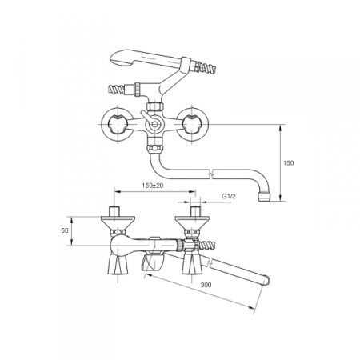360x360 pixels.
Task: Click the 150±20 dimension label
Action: [153, 186]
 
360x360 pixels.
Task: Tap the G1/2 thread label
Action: [229, 197]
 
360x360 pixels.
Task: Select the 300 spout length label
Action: [206, 285]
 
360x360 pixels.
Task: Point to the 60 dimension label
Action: [65, 230]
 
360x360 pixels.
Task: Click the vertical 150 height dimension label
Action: [289, 162]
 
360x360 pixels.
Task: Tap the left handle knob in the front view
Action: [117, 124]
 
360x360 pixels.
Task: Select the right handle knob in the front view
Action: [191, 124]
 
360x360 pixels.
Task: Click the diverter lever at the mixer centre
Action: [148, 118]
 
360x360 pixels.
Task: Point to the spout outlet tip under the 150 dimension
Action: [264, 197]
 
